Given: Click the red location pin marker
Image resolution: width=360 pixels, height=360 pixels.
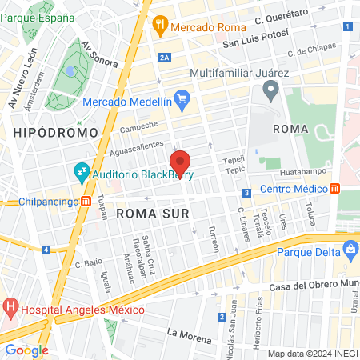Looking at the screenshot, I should click(180, 162).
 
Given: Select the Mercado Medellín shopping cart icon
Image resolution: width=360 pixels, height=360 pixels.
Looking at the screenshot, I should click(182, 100).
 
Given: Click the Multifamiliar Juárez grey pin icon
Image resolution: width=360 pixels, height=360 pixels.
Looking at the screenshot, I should click(270, 92).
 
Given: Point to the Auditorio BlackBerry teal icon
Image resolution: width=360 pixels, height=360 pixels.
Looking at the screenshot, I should click(81, 171).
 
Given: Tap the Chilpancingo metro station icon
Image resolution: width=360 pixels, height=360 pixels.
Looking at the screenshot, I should click(85, 202).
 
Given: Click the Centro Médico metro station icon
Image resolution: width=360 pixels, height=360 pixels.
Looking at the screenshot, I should click(334, 189).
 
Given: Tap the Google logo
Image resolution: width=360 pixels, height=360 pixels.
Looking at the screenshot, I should click(26, 350).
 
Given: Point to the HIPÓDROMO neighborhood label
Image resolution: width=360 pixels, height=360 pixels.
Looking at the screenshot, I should click(55, 131).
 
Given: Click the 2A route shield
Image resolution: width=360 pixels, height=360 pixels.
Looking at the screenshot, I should click(165, 57).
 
